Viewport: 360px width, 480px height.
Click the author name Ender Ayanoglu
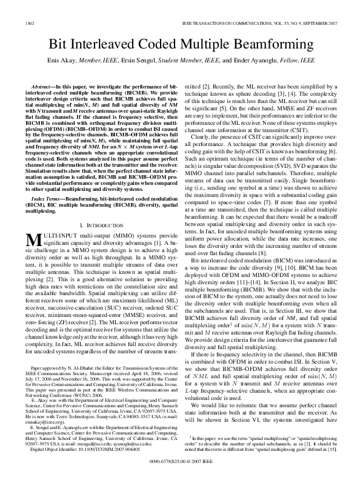pos(246,61)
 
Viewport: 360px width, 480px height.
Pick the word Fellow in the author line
pos(278,61)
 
